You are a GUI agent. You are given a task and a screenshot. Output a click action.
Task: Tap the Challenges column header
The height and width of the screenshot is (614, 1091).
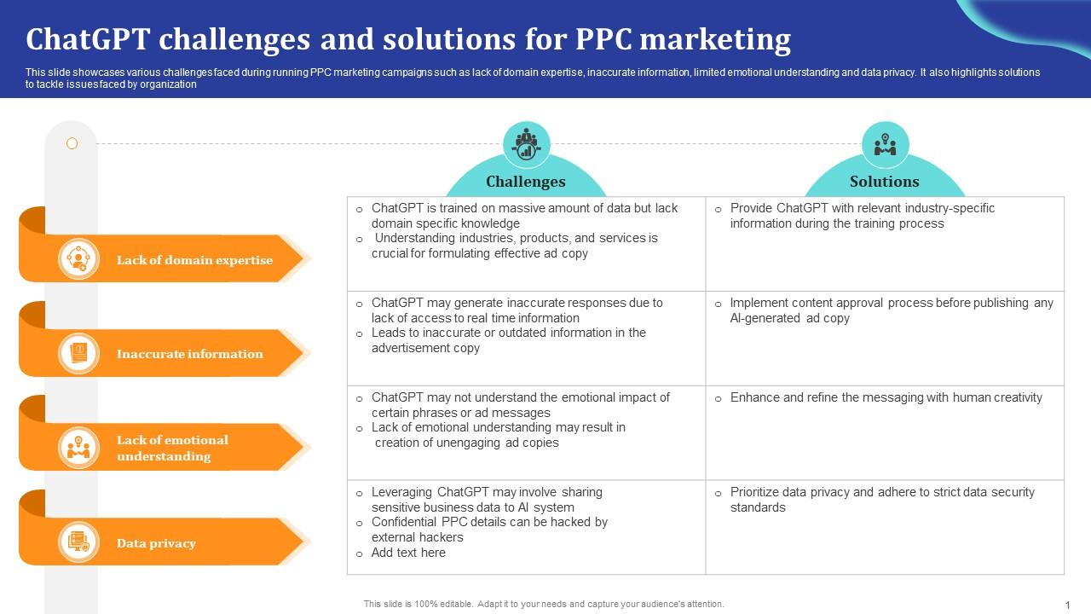(x=525, y=182)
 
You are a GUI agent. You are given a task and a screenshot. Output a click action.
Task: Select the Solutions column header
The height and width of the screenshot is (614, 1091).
(x=884, y=182)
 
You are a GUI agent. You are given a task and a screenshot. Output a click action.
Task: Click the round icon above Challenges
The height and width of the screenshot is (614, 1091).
(x=526, y=144)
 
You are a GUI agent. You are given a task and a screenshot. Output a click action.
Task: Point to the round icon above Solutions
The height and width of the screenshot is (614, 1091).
(x=885, y=144)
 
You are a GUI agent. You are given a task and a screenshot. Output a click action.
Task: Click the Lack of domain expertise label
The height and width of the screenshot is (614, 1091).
(x=194, y=260)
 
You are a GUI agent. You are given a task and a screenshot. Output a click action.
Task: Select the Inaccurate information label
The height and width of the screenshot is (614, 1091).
(x=189, y=354)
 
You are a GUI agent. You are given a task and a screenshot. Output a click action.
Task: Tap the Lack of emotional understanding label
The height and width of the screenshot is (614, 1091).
(x=172, y=448)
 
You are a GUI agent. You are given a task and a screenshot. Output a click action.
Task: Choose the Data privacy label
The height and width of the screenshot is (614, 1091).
(x=156, y=543)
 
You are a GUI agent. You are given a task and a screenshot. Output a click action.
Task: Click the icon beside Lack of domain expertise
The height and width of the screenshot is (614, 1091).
(x=78, y=259)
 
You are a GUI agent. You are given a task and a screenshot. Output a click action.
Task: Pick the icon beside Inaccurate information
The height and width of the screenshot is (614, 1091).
(x=78, y=353)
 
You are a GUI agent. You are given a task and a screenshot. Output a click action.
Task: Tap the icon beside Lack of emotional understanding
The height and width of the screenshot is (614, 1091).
(x=78, y=447)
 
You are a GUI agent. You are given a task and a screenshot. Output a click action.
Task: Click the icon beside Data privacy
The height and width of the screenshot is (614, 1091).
(x=78, y=542)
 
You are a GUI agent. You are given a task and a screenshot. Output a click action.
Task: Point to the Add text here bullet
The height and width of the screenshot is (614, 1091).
(x=408, y=553)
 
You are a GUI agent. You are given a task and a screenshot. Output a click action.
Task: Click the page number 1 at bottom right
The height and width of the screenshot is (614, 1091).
(x=1066, y=605)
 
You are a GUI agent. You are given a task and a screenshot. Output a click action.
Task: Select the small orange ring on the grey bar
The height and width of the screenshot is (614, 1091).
(x=72, y=143)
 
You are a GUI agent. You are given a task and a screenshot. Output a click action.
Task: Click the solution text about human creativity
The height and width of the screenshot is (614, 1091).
(x=886, y=397)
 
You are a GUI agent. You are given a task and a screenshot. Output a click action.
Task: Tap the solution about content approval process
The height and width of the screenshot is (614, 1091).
(x=891, y=310)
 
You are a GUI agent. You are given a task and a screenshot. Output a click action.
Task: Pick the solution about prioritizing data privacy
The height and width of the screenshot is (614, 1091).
(x=881, y=500)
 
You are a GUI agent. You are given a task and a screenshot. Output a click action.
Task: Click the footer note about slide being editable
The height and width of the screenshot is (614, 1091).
(x=544, y=604)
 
